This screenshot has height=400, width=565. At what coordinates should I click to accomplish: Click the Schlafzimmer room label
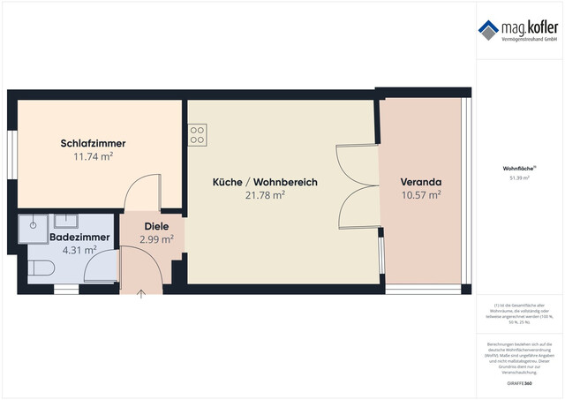pyautogui.click(x=93, y=143)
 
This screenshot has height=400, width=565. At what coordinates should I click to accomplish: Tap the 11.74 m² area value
pyautogui.click(x=93, y=156)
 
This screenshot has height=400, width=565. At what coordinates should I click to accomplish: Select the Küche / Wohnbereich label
pyautogui.click(x=265, y=182)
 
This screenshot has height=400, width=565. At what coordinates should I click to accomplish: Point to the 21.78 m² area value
pyautogui.click(x=265, y=195)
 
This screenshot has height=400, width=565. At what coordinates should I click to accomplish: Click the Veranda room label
pyautogui.click(x=421, y=182)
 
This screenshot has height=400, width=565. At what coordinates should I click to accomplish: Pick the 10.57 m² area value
pyautogui.click(x=421, y=195)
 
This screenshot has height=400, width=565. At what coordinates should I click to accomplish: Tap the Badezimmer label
pyautogui.click(x=79, y=238)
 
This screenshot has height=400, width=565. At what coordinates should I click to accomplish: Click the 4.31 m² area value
pyautogui.click(x=79, y=251)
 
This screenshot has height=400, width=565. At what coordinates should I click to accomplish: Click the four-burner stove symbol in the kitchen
pyautogui.click(x=197, y=135)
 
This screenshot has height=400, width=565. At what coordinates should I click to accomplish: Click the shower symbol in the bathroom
pyautogui.click(x=33, y=224)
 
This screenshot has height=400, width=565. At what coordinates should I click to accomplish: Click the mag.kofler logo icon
pyautogui.click(x=488, y=28)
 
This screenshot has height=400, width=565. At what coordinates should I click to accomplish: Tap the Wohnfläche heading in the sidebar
pyautogui.click(x=517, y=168)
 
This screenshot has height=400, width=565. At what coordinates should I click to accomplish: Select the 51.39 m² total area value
pyautogui.click(x=517, y=177)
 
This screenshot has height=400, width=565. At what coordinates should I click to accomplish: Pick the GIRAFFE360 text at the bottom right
pyautogui.click(x=517, y=384)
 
